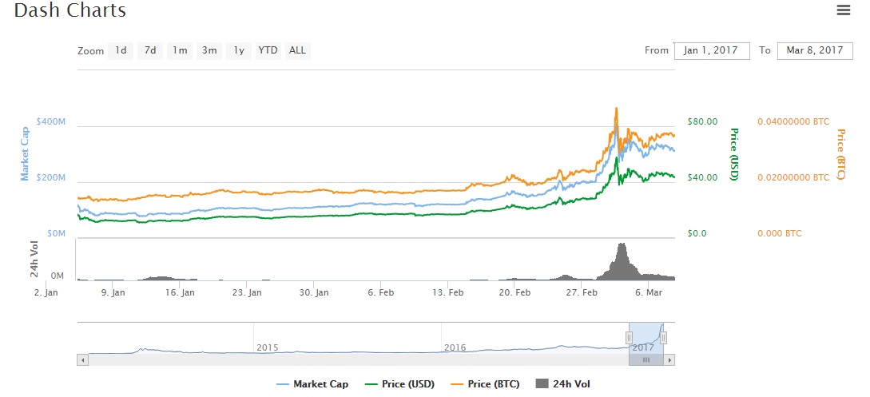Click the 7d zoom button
coord(149,50)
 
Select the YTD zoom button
coord(268,50)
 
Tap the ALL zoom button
coord(297,50)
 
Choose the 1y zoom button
coord(238,50)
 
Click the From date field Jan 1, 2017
coord(712,50)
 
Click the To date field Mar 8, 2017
coord(815,50)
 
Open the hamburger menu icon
coord(843,10)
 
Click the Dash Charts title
coord(70,11)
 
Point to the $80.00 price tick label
coord(701,121)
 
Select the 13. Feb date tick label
coord(448,292)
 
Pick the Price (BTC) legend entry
coord(485,384)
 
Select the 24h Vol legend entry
coord(564,384)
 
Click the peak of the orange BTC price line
coord(616,109)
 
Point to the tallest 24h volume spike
coord(622,244)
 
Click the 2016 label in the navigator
coord(455,347)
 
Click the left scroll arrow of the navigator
coord(82,360)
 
